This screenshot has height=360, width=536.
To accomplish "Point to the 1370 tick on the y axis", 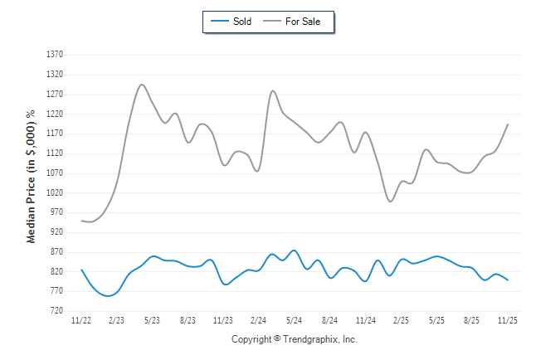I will [x=55, y=54].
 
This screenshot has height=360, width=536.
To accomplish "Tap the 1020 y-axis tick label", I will [x=55, y=192].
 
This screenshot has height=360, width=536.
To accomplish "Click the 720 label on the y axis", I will [x=56, y=311].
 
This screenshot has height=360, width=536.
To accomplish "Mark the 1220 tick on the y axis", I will [x=55, y=114].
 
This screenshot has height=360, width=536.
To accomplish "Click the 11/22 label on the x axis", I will [x=81, y=320].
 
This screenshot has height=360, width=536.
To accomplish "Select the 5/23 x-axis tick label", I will [x=153, y=320].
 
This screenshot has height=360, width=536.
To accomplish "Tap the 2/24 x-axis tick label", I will [x=259, y=320].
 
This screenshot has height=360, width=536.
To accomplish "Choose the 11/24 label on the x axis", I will [x=365, y=320].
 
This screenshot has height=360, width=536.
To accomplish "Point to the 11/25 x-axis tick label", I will [x=507, y=320].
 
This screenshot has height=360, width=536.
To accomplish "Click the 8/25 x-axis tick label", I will [x=472, y=320].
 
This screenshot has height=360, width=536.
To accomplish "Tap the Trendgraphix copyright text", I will [x=294, y=339].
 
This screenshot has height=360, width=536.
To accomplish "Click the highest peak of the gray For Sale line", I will [x=142, y=85].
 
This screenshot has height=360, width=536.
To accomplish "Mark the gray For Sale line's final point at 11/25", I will [x=508, y=124].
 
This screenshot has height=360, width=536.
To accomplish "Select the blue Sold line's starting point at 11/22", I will [x=81, y=270].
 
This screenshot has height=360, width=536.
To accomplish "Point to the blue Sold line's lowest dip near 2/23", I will [x=108, y=296].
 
